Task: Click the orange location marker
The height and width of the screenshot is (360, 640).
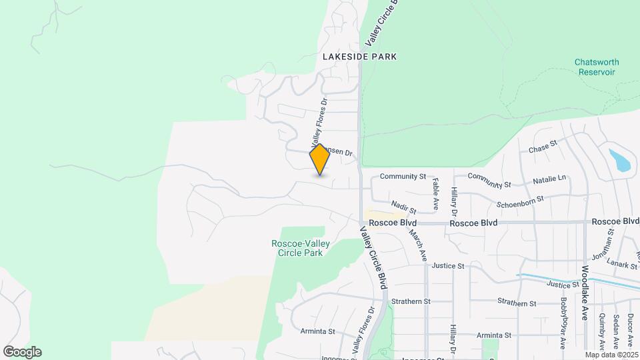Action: point(320,159)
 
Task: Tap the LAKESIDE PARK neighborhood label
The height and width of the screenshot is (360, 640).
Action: point(359,57)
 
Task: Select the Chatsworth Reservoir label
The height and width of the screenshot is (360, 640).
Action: point(597,67)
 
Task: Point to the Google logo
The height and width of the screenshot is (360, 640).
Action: point(22,352)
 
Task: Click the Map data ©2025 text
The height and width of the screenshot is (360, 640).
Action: point(612,355)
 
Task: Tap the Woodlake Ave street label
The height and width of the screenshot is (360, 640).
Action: point(584,293)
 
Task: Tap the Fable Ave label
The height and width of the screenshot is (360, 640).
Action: point(435,189)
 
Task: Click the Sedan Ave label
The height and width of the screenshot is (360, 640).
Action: point(615,327)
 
